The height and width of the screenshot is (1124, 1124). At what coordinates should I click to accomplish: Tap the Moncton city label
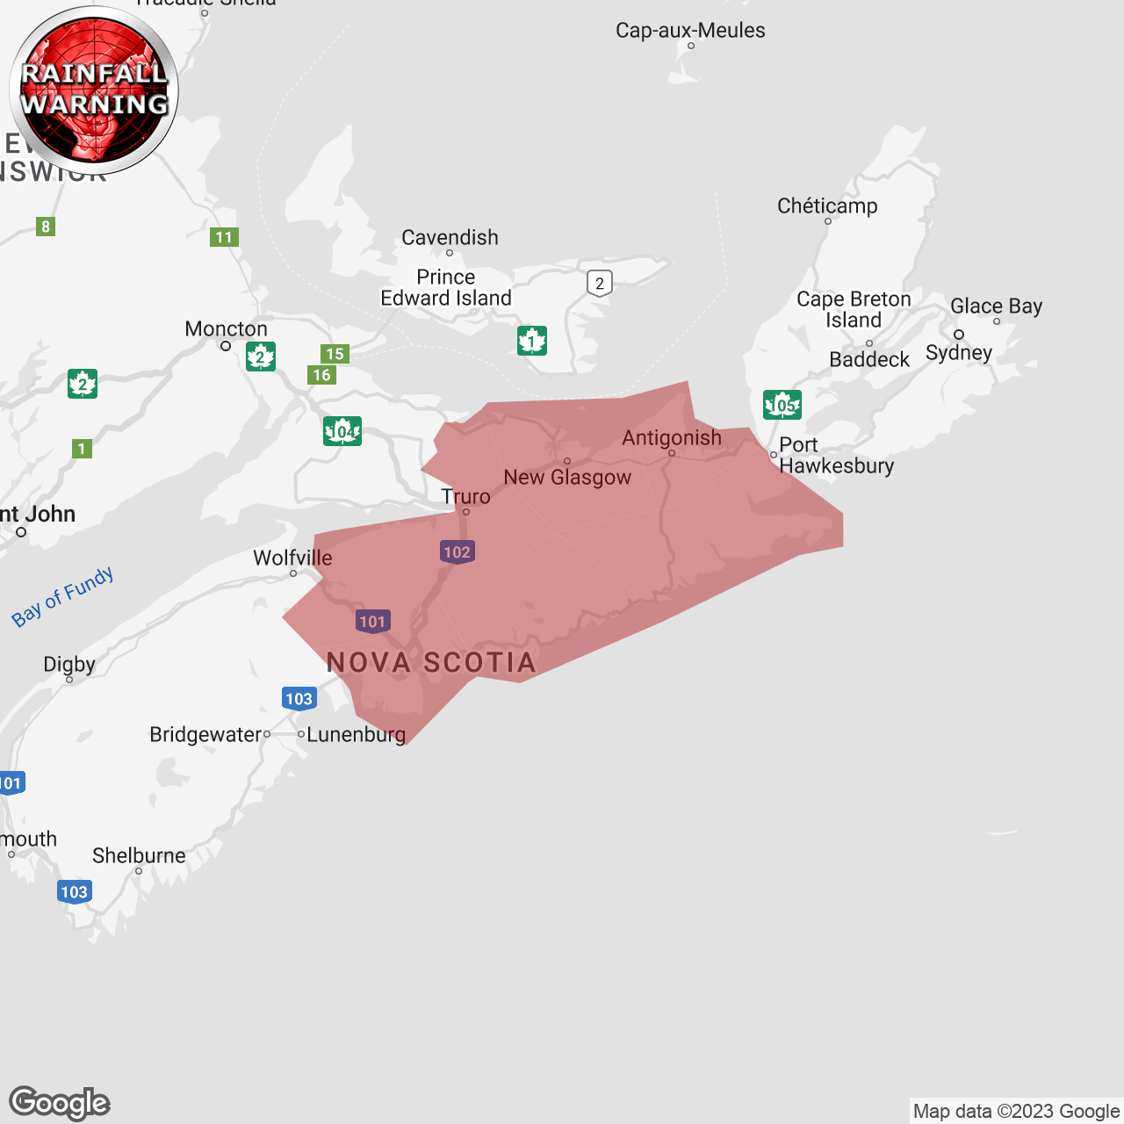click(x=226, y=329)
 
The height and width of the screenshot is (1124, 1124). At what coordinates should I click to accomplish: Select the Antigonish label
click(x=672, y=437)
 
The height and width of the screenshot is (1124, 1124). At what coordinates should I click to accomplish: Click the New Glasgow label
click(x=567, y=477)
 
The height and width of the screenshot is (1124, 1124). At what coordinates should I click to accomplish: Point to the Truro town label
click(x=465, y=496)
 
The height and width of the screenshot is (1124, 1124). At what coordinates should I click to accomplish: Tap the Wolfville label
click(x=292, y=558)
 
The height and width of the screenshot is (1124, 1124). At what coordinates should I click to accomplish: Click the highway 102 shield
click(x=457, y=552)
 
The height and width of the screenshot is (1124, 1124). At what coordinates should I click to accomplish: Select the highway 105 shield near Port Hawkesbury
click(x=782, y=405)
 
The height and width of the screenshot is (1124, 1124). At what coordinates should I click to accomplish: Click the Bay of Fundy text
click(x=62, y=596)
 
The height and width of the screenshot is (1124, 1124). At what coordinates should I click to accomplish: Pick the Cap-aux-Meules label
click(x=690, y=31)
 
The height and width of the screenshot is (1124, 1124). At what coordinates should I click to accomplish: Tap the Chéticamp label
click(x=827, y=206)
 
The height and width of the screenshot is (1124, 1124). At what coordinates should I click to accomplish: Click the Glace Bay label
click(x=996, y=306)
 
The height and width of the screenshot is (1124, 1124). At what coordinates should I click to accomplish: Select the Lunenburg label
click(x=356, y=734)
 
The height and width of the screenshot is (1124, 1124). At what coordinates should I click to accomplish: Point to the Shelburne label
click(x=139, y=855)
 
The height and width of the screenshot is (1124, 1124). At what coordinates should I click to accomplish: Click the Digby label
click(x=69, y=664)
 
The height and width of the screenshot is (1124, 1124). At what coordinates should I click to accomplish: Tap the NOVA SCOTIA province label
click(x=431, y=663)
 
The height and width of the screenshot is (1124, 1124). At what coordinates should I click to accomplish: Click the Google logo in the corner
click(x=59, y=1103)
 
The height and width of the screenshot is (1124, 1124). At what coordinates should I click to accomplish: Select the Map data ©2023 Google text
click(x=1016, y=1112)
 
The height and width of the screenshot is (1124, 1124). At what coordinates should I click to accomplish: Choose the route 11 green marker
click(x=224, y=237)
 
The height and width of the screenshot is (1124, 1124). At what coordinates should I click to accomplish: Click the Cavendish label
click(x=450, y=238)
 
